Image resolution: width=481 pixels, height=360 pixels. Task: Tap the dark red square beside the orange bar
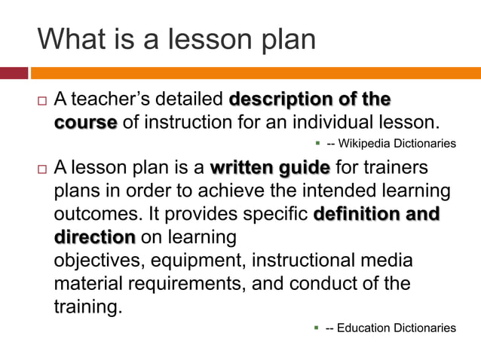point(14,73)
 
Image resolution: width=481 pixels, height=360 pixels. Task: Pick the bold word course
point(85,122)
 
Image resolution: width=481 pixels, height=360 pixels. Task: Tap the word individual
point(332,122)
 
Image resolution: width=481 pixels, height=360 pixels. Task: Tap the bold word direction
point(94,237)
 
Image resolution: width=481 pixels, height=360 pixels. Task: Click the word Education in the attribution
point(364,328)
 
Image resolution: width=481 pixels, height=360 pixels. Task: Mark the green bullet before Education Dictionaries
point(317,327)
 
